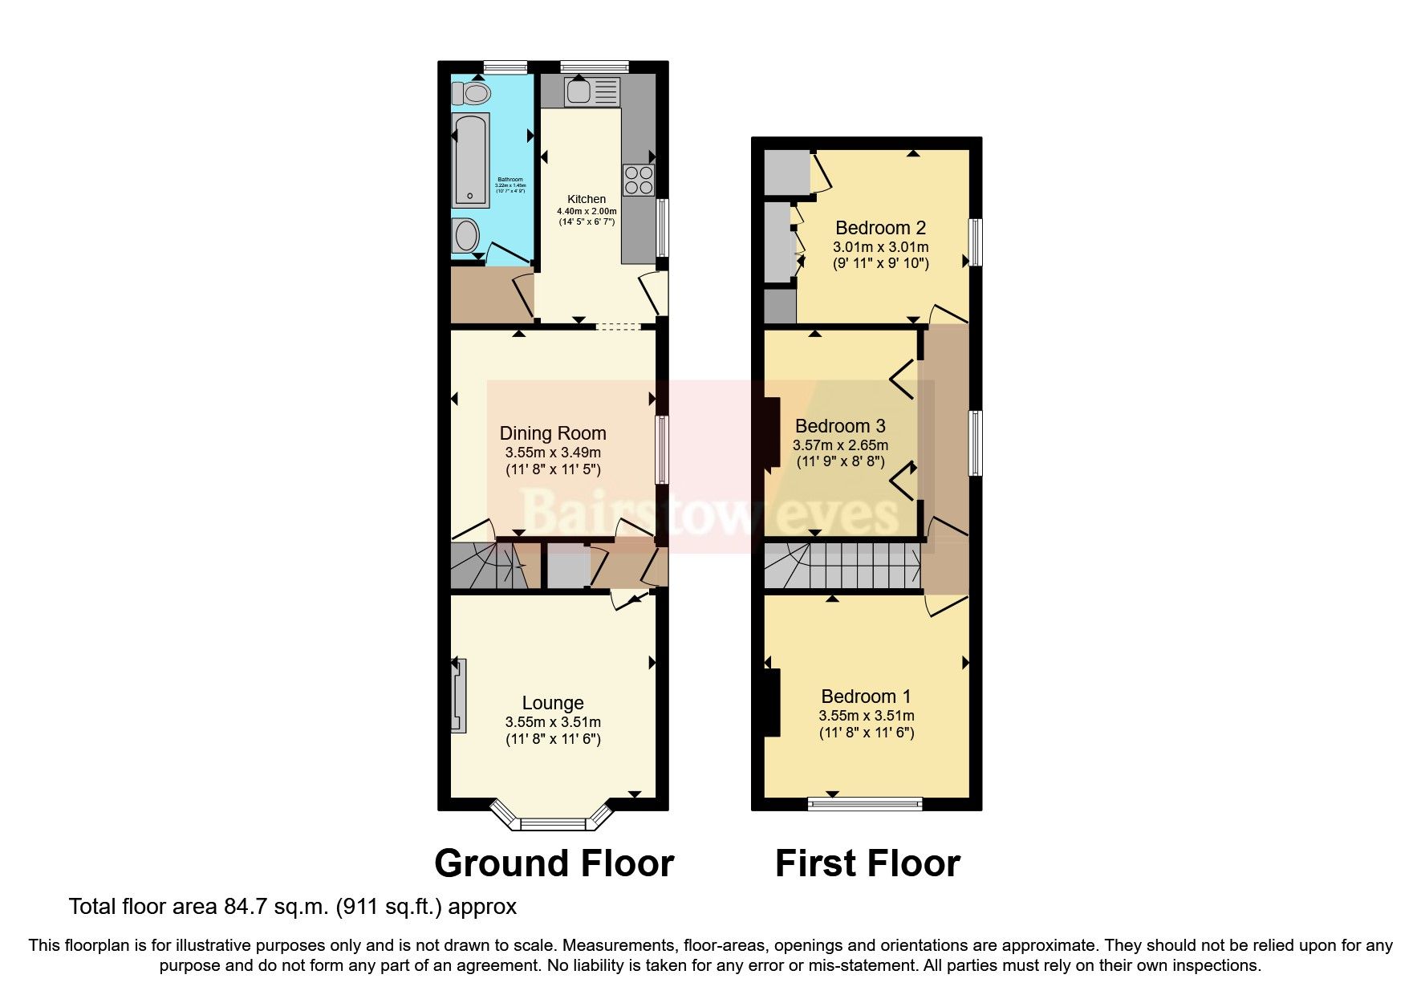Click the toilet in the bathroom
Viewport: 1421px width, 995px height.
(472, 94)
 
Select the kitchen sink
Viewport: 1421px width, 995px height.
(591, 91)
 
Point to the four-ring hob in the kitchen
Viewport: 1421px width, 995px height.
(639, 180)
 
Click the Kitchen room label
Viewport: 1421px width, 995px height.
(587, 199)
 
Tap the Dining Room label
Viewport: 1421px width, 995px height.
(553, 434)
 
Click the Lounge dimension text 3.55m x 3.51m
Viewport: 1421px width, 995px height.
(553, 722)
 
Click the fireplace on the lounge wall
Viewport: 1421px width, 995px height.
(458, 695)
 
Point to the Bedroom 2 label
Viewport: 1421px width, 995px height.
(880, 228)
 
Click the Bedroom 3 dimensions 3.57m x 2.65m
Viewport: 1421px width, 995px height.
(840, 445)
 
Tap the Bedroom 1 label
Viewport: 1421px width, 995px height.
(866, 696)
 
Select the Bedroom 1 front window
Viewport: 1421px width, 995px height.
(865, 802)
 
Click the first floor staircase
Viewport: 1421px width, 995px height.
(842, 566)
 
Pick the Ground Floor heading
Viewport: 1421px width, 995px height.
(554, 864)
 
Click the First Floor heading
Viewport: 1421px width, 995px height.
(867, 864)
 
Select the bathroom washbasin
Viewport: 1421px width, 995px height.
(465, 236)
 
